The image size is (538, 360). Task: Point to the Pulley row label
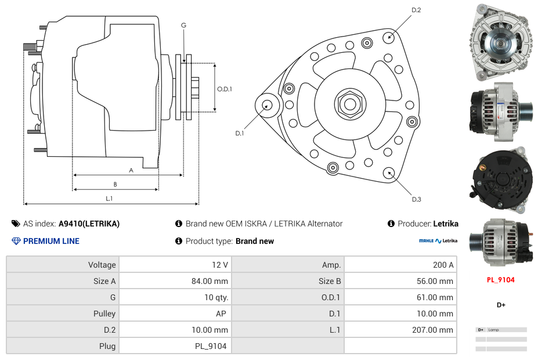(105, 314)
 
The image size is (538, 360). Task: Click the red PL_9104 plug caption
(500, 280)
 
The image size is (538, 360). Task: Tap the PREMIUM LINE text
(51, 241)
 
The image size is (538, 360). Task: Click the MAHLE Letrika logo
(438, 240)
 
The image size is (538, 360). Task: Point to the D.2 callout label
(416, 10)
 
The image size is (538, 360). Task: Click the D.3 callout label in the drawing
(416, 200)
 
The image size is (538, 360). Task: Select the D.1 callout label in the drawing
(240, 134)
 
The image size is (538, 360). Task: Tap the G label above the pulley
(183, 26)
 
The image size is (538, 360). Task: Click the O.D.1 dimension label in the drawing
(225, 89)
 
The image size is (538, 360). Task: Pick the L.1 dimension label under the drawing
(109, 199)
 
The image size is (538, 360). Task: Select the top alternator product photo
(500, 42)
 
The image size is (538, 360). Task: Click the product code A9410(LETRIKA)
(89, 224)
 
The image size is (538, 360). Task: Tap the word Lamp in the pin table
(493, 330)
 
